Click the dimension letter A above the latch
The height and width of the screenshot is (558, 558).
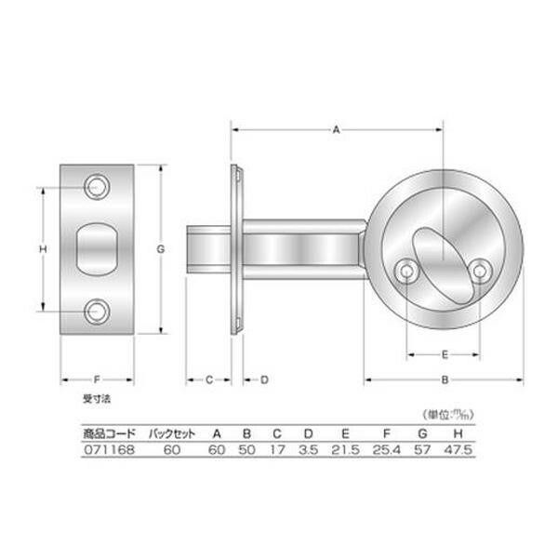pyautogui.click(x=336, y=130)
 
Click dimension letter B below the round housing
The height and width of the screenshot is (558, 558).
pyautogui.click(x=445, y=379)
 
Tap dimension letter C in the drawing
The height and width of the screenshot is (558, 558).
pyautogui.click(x=209, y=379)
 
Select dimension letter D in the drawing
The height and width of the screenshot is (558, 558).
pyautogui.click(x=264, y=379)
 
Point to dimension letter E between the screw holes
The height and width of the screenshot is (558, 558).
pyautogui.click(x=445, y=354)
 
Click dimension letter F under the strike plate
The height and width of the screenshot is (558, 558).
pyautogui.click(x=97, y=379)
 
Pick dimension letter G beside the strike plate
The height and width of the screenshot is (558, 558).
pyautogui.click(x=161, y=249)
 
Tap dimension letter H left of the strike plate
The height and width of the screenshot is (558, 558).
pyautogui.click(x=43, y=249)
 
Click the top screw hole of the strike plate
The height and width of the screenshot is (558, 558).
pyautogui.click(x=97, y=187)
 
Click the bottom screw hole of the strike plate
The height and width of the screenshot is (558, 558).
pyautogui.click(x=97, y=312)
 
